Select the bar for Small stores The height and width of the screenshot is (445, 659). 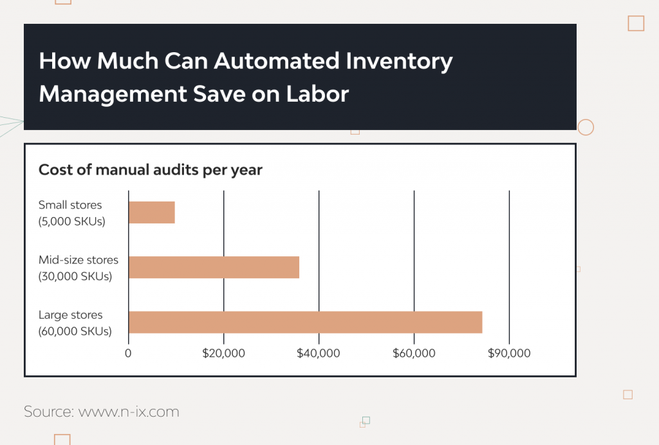click(x=152, y=213)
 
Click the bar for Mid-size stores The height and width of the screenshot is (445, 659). click(x=214, y=267)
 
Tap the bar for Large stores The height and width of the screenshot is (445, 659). click(x=305, y=322)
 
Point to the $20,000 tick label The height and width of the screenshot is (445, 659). click(x=223, y=354)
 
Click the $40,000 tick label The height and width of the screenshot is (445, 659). click(x=319, y=354)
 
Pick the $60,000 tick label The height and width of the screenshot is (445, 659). click(x=414, y=354)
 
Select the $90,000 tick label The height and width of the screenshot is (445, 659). click(x=509, y=354)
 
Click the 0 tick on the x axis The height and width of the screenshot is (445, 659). click(x=128, y=354)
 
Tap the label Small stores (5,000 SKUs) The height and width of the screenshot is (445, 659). click(x=70, y=213)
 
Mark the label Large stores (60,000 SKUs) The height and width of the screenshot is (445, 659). click(x=75, y=323)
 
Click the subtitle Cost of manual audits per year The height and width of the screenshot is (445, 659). click(x=151, y=170)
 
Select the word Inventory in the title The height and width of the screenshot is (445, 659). click(x=399, y=61)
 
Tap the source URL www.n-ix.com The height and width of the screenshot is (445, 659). click(x=129, y=412)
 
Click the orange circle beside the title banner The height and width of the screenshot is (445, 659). click(x=586, y=127)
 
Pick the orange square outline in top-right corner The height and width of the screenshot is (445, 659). click(x=636, y=23)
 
